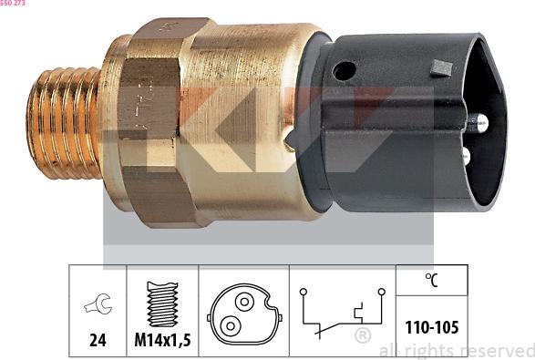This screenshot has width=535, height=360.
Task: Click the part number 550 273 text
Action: coord(13,3)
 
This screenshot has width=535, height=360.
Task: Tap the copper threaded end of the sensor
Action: coord(64,123)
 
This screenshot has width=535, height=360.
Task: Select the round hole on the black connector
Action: coord(345,71)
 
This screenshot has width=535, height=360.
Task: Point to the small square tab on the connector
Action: coord(441,68)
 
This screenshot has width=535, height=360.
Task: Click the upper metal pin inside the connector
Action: coord(478,122)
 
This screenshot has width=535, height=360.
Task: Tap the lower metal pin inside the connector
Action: coord(466,157)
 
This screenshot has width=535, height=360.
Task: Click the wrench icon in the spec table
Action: coord(98,303)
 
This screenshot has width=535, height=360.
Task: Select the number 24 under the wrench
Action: coord(98,340)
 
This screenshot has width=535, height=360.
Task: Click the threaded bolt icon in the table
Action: coord(162,303)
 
